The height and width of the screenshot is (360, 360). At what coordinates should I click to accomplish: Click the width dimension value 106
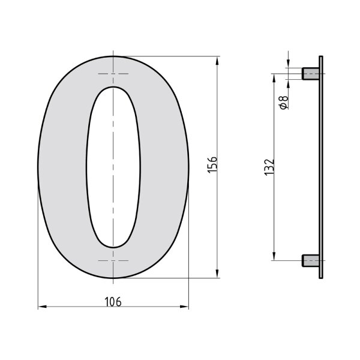pyautogui.click(x=113, y=302)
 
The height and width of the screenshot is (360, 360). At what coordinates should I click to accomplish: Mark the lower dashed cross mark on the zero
pyautogui.click(x=113, y=261)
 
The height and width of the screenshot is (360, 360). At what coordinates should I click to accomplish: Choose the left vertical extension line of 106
pyautogui.click(x=38, y=252)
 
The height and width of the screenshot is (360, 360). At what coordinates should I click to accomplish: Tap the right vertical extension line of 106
pyautogui.click(x=188, y=252)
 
